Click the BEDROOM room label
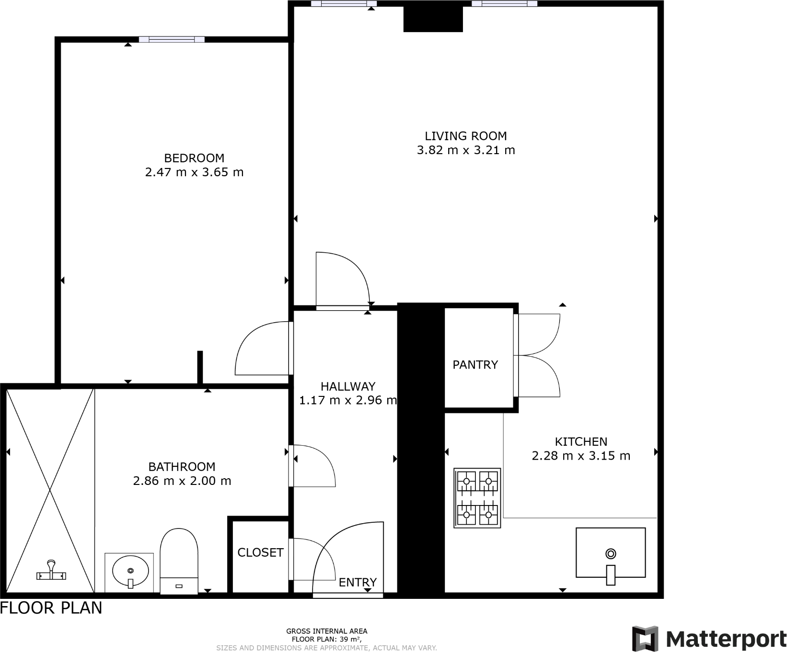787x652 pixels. coord(194,158)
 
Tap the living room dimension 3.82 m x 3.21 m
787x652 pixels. coord(466,150)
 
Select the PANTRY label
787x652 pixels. coord(475,365)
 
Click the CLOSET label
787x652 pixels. coord(260,552)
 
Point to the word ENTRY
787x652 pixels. coord(358,582)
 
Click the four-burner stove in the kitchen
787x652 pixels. coord(477,498)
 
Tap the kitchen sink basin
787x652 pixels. coord(610,553)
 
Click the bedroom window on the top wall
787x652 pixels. coord(172,39)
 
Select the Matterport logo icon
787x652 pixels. coord(645,638)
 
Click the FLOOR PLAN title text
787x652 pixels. coord(51,608)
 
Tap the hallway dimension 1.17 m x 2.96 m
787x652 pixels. coord(348,400)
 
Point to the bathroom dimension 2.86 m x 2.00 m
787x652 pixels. coord(182,481)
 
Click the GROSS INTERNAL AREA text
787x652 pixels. coord(326,631)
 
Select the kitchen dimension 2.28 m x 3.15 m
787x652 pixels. coord(581,456)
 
